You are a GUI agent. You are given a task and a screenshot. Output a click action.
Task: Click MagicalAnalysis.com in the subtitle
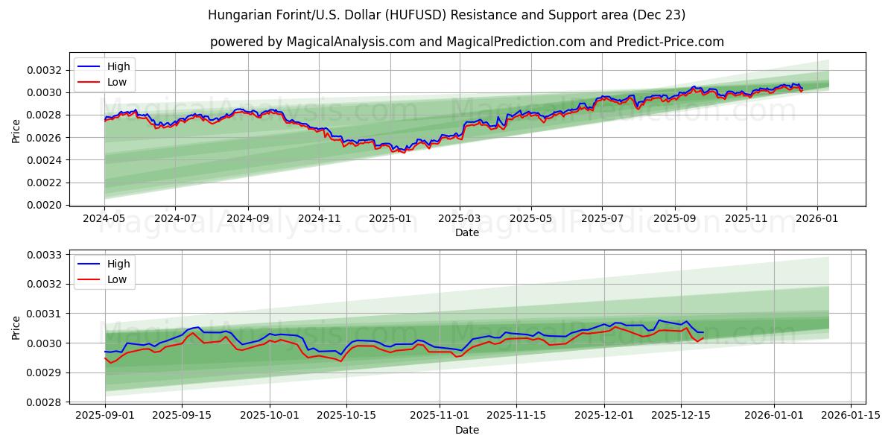coord(350,42)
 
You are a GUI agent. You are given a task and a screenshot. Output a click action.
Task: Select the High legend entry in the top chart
coord(118,67)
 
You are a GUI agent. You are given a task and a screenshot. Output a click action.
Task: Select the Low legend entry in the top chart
coord(117,82)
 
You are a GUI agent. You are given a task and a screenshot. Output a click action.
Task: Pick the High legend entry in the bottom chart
coord(118,264)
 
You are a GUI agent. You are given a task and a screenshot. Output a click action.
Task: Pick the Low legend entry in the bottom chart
coord(117,279)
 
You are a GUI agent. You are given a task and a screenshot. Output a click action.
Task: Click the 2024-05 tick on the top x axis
coord(104,218)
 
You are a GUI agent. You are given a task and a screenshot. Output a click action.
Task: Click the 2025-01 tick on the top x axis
coord(390,218)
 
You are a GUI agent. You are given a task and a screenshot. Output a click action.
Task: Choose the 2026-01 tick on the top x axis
coord(817,218)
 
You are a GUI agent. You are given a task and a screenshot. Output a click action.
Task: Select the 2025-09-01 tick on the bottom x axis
coord(105,416)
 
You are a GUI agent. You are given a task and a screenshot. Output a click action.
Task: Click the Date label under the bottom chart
coord(467,430)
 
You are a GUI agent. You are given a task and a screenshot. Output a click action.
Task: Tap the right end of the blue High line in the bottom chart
coord(703,332)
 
